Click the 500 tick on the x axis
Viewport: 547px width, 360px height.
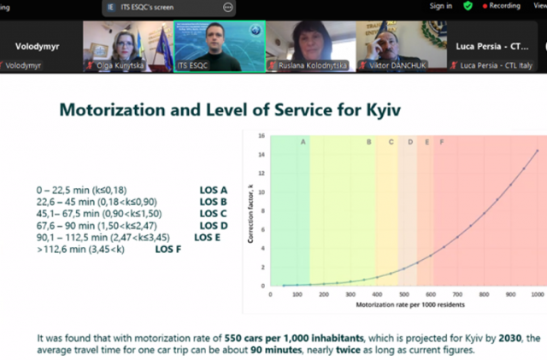403,293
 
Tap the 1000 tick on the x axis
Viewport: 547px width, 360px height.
536,293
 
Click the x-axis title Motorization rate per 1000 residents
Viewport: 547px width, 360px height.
402,304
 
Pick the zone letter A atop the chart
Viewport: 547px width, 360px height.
303,142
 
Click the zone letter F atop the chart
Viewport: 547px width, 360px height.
441,142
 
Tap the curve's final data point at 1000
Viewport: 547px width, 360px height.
536,151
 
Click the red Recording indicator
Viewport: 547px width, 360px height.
503,6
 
